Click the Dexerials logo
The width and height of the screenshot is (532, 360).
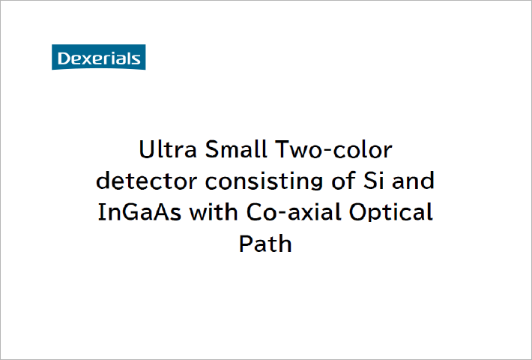(x=98, y=57)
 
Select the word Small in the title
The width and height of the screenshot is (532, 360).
(x=229, y=150)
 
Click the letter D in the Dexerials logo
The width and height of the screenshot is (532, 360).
(x=62, y=58)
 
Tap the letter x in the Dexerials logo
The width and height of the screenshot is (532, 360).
(x=82, y=59)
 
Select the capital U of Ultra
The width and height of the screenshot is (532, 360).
(x=148, y=150)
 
